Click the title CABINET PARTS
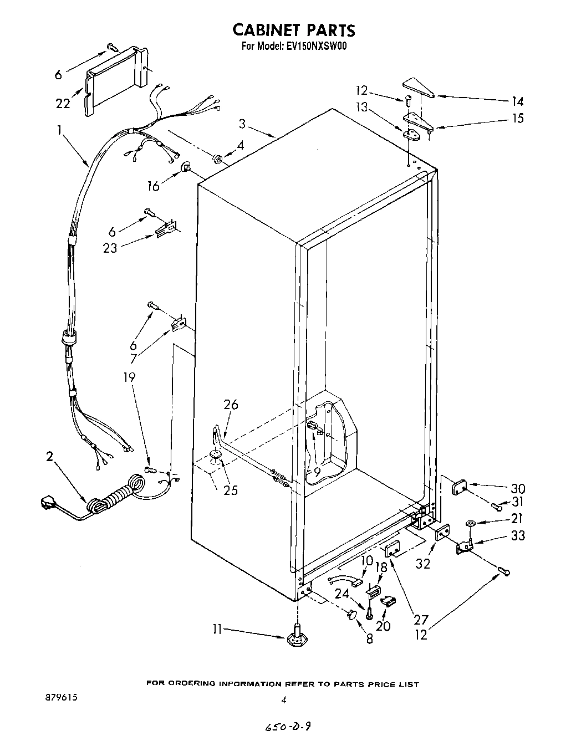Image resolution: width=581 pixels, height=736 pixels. tap(293, 29)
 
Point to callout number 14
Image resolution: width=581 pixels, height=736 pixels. tap(517, 101)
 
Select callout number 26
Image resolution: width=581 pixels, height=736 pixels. tap(231, 405)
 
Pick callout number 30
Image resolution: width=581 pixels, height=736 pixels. tap(518, 489)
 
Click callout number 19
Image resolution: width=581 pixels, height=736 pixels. tap(129, 377)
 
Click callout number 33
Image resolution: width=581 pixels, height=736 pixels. tap(518, 535)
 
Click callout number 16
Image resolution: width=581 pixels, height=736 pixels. tap(153, 186)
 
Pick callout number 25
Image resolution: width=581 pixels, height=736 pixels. tap(230, 490)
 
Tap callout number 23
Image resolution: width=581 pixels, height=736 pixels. tap(110, 248)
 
